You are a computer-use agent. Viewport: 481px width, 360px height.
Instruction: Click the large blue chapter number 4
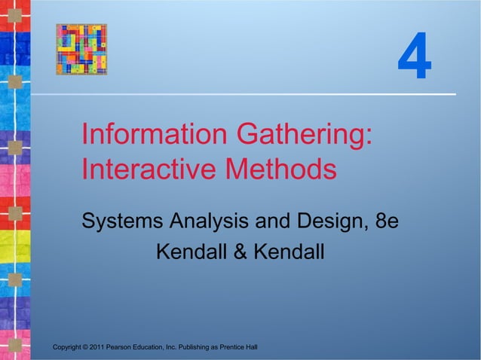[415, 60]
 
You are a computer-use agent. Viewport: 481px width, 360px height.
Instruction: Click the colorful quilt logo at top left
[81, 49]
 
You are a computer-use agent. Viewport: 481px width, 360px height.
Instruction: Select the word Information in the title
[153, 136]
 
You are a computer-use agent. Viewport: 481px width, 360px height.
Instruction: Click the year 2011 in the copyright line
[96, 346]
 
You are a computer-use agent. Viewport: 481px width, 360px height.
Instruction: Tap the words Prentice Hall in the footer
[237, 346]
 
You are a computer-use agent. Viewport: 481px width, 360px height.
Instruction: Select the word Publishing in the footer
[190, 346]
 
